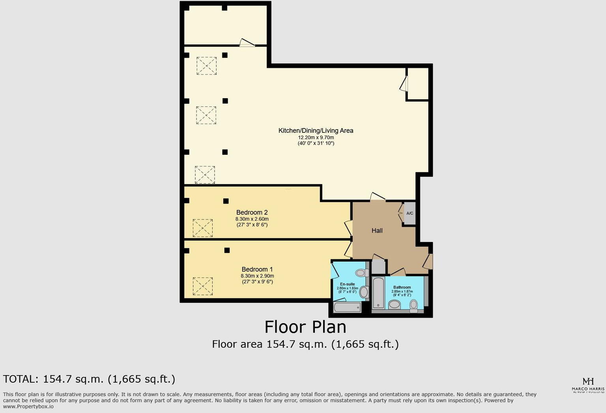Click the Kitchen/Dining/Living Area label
click(x=316, y=130)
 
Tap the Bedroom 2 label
click(x=252, y=212)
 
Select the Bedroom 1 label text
click(x=257, y=270)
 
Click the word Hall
click(x=377, y=231)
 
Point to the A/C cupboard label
click(x=410, y=214)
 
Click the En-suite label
click(x=347, y=284)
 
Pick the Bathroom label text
click(x=402, y=287)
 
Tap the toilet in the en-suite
click(x=361, y=273)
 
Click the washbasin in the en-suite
click(x=364, y=292)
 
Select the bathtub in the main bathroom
click(x=378, y=292)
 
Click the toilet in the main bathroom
click(x=413, y=305)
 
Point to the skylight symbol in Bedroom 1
click(x=203, y=286)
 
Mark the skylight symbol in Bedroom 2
click(x=203, y=228)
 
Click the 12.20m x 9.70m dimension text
click(x=316, y=138)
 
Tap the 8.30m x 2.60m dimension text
click(x=252, y=219)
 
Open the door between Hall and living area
click(x=378, y=197)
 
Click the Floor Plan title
click(x=305, y=327)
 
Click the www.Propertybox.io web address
click(x=28, y=406)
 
